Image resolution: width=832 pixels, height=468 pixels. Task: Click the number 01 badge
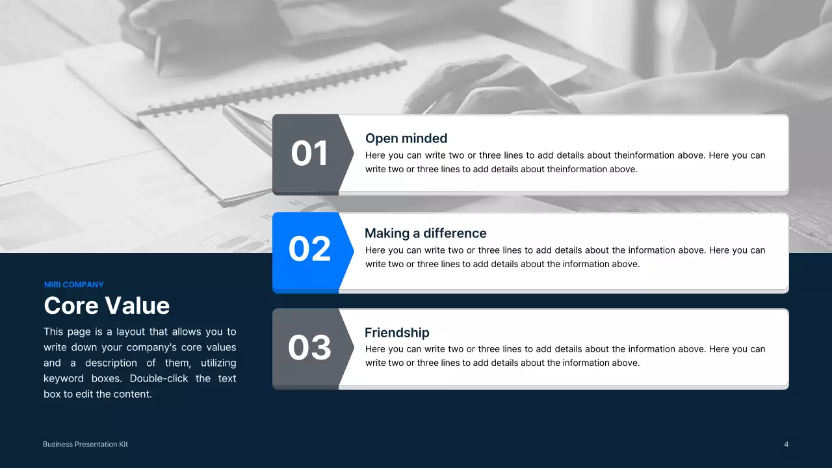[x=309, y=153]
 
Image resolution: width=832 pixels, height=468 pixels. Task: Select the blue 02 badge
[x=309, y=249]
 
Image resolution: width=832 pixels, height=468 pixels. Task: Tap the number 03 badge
[x=309, y=347]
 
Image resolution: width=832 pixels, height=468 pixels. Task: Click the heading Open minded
[x=406, y=138]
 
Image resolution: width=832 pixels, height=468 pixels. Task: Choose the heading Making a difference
[x=425, y=233]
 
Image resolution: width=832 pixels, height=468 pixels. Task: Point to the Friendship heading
[x=396, y=333]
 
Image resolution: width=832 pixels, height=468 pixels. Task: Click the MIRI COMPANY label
[x=73, y=285]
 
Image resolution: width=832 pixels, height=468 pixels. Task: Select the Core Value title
[x=107, y=305]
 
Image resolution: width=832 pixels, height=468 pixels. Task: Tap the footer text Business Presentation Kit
[x=85, y=445]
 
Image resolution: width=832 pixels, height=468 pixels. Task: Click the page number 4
[x=786, y=445]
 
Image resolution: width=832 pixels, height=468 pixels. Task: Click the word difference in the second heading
[x=455, y=233]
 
